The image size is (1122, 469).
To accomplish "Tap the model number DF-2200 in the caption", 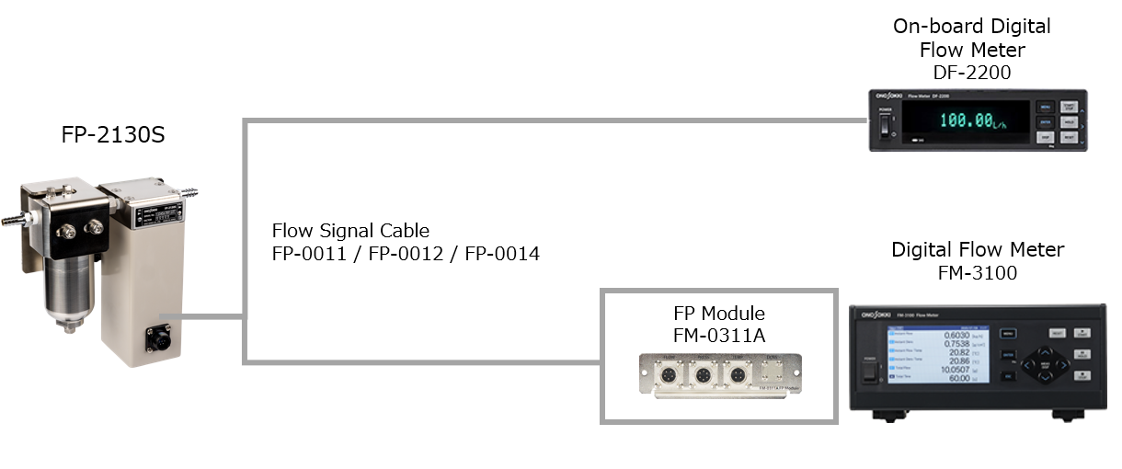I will coord(971,73).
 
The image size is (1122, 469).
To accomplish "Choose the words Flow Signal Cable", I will coord(350,230).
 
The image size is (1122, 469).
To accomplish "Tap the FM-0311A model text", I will coord(718,335).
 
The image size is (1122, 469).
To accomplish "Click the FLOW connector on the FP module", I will coord(671,375).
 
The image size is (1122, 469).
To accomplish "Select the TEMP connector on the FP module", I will coord(736,375).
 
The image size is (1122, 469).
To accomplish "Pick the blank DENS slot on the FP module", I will coord(769,375).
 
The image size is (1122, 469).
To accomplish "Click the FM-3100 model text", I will coord(978,273).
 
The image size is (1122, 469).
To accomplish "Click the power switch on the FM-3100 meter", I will coord(866,372).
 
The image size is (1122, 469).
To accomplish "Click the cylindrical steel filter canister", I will coord(70,285).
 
